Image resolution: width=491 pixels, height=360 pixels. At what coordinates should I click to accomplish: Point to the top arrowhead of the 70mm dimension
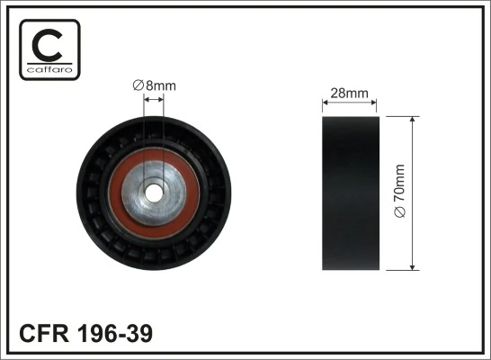pyautogui.click(x=412, y=120)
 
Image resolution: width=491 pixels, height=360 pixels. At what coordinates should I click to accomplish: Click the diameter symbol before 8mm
pyautogui.click(x=137, y=85)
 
